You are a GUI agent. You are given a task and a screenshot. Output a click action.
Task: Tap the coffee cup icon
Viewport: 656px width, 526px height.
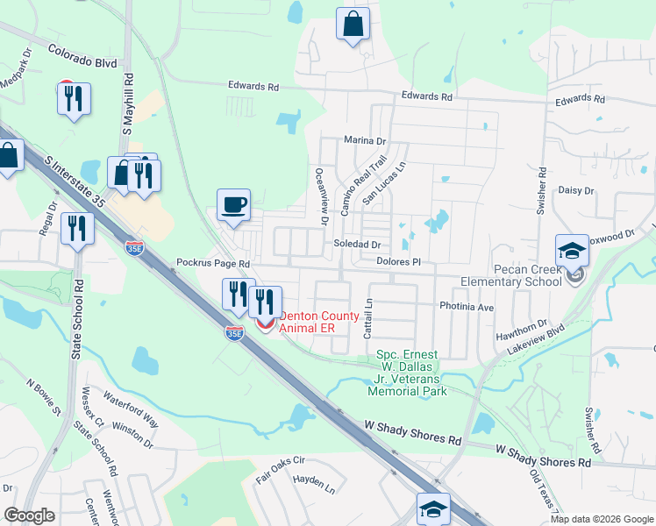click(233, 206)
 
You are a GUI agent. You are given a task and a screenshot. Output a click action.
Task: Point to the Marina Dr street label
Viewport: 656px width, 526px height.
click(365, 140)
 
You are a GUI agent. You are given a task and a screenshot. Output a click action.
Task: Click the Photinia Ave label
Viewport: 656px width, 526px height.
click(467, 308)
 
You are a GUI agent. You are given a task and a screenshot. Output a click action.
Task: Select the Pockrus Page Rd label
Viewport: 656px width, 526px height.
click(213, 263)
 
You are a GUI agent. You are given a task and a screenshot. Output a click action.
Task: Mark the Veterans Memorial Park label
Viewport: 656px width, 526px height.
click(412, 373)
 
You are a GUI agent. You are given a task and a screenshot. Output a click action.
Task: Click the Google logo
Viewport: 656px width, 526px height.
click(30, 515)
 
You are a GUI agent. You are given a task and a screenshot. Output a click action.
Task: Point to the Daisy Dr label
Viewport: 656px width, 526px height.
click(576, 190)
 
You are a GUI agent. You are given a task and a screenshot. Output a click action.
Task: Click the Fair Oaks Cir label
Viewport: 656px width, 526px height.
click(280, 465)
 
